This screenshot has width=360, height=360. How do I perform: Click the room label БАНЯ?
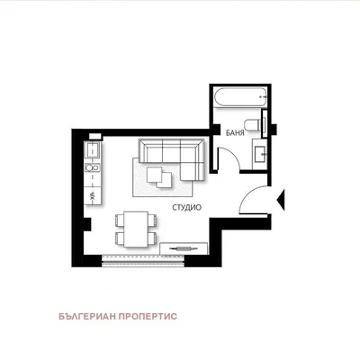pos(235,133)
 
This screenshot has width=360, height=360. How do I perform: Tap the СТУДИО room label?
pos(186,207)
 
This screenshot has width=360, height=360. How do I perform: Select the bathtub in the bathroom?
pos(240,97)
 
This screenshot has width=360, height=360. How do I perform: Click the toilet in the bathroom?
pos(252,125)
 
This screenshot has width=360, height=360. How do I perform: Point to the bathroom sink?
pos(260,154)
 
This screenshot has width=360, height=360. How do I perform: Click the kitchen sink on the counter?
pos(93,150)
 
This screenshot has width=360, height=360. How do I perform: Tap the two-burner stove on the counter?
pos(92,167)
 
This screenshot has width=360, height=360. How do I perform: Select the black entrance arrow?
pos(281,200)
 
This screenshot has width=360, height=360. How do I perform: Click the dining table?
pos(136,229)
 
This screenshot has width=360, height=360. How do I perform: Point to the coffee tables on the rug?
pos(159,177)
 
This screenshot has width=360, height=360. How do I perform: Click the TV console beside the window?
pos(184,248)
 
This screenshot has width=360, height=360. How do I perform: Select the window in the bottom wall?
pos(143,261)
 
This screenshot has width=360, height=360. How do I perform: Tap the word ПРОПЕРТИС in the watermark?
pos(148,316)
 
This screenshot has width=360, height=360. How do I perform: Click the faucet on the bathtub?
pos(263,97)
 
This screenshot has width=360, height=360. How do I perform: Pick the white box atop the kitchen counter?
pos(95,136)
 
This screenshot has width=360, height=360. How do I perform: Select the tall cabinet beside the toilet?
pos(265,123)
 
